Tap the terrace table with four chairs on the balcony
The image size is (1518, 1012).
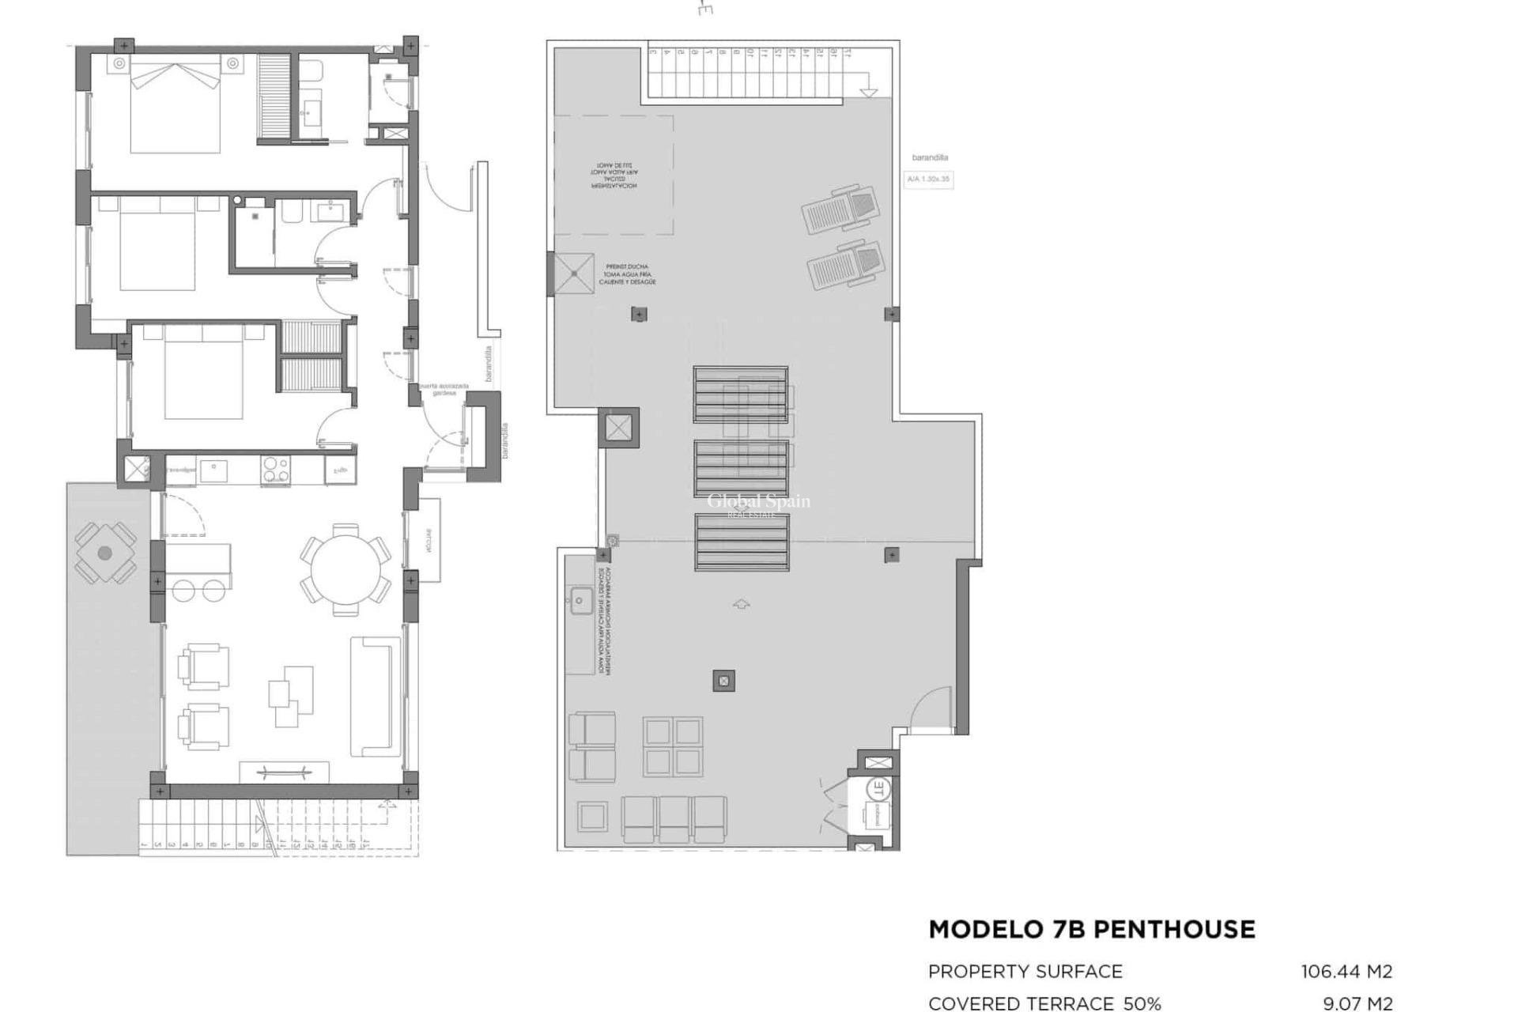click(105, 553)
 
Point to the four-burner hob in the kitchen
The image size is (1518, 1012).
click(275, 470)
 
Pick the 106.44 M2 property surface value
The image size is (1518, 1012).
click(1346, 971)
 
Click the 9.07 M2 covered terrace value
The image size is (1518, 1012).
click(1358, 1003)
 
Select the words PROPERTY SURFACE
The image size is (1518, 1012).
click(1025, 971)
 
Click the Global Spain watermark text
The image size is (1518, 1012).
click(758, 501)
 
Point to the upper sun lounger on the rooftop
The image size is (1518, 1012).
click(840, 209)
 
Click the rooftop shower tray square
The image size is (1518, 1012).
click(574, 274)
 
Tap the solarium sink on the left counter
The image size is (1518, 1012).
click(580, 601)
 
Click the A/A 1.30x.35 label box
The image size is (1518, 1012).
click(928, 179)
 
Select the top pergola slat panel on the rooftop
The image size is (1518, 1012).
click(741, 394)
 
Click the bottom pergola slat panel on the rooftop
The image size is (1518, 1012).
click(742, 542)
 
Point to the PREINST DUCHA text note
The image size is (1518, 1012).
click(627, 274)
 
